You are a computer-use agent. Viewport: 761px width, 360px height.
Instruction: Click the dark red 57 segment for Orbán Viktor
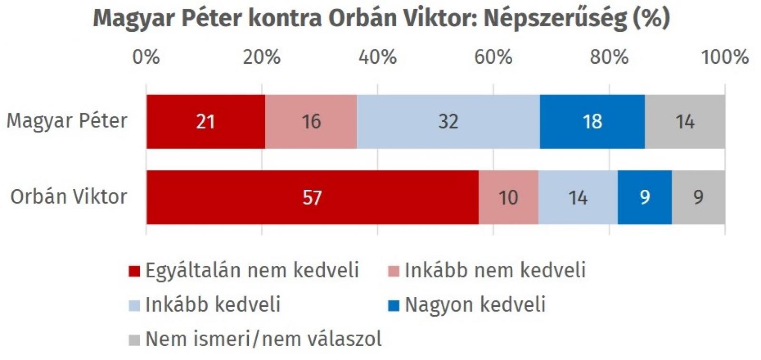312,197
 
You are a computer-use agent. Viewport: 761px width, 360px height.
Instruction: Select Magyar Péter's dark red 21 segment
205,121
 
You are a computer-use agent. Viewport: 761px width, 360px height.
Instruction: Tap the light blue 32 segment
448,121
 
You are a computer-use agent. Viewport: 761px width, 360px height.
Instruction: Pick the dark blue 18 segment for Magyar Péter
592,121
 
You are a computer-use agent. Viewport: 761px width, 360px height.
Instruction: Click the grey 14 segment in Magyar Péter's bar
685,121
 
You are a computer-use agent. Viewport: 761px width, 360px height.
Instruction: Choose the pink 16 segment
311,121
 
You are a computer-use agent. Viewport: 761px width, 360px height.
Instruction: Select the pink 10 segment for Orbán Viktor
508,197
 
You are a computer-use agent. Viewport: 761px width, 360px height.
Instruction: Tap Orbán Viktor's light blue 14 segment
578,197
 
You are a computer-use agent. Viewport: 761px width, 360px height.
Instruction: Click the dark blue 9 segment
644,197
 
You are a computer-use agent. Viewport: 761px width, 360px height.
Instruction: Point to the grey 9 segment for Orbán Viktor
698,197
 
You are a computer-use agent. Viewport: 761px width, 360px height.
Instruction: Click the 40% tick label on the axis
378,57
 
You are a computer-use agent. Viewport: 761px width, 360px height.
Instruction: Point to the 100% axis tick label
725,57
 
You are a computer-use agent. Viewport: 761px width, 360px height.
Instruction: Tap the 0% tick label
146,57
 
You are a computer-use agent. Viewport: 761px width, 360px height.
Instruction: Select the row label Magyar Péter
67,121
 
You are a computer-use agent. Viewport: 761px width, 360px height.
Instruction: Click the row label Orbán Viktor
69,196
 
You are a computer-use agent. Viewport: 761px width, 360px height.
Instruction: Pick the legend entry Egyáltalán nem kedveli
252,270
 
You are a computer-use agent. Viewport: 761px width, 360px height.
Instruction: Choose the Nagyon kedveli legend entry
475,304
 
